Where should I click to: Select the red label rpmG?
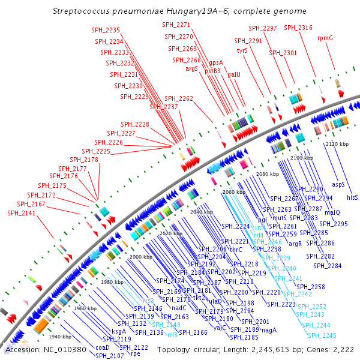325,38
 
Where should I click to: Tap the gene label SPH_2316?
298,28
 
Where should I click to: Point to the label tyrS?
242,51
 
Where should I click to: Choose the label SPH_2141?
22,213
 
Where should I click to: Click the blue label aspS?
339,185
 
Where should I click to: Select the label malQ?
332,212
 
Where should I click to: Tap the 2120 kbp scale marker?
337,145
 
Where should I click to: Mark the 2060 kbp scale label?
233,192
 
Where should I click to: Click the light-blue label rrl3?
172,334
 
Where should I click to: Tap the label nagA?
269,330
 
